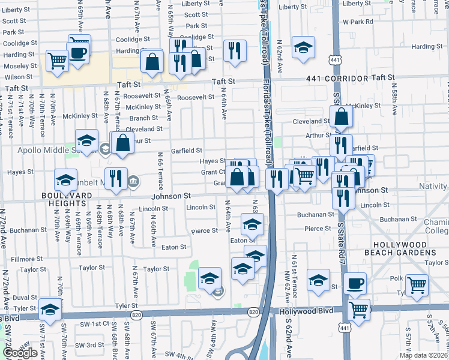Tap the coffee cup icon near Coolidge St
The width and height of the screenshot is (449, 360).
pos(79,51)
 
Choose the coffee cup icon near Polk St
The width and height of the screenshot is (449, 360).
pos(354,283)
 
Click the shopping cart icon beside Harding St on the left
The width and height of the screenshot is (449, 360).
pos(56,60)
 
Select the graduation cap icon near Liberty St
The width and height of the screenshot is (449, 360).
pos(304,47)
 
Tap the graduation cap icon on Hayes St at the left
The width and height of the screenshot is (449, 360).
pos(66,178)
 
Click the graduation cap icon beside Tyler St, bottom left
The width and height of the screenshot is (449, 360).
pos(50,309)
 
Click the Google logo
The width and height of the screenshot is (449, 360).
pos(20,353)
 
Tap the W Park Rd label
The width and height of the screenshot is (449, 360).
pos(358,22)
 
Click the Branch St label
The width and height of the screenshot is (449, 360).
pos(143,118)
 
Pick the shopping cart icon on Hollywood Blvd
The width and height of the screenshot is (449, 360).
pos(358,310)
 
